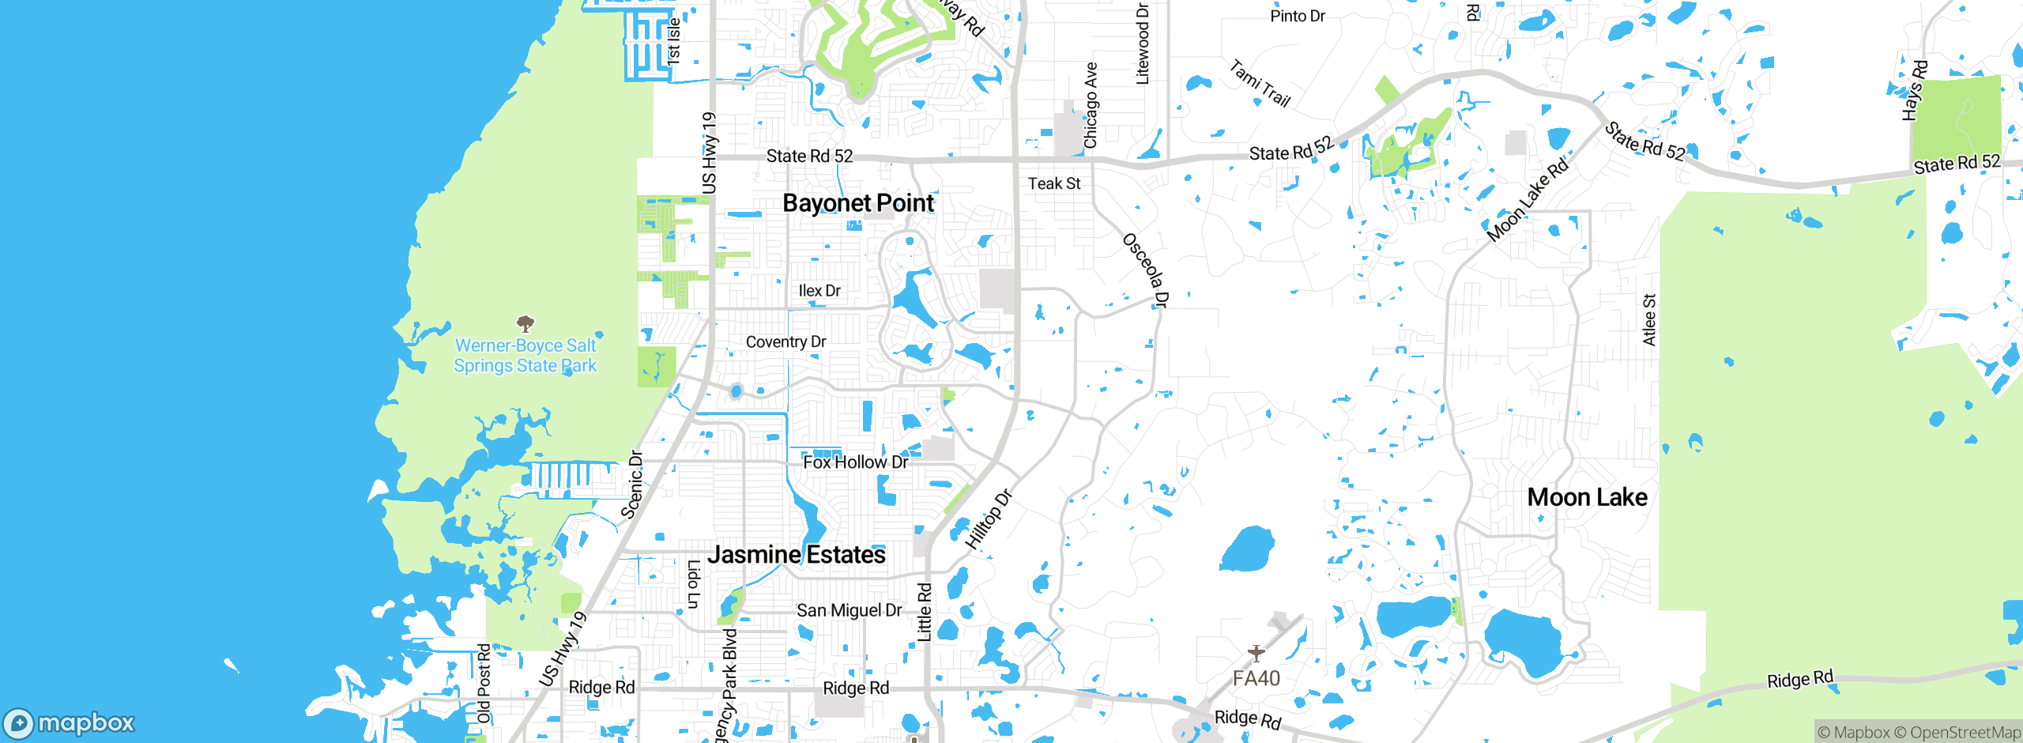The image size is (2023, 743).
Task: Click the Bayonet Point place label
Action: [x=858, y=203]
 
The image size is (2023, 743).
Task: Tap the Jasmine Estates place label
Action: [x=796, y=555]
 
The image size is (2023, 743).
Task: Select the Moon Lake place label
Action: [x=1587, y=497]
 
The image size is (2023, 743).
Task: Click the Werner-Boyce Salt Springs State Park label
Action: [x=526, y=356]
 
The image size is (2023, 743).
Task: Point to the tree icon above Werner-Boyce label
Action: [x=525, y=323]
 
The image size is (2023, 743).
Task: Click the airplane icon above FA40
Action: [x=1256, y=653]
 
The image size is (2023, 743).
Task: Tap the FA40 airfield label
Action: [x=1256, y=678]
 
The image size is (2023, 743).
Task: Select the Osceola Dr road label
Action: [x=1145, y=270]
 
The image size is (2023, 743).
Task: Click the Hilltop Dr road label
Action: [x=989, y=519]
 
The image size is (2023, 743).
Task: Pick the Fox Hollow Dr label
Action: [x=855, y=462]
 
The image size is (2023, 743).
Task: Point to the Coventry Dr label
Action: [x=785, y=342]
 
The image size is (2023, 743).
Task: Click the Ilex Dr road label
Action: [x=819, y=291]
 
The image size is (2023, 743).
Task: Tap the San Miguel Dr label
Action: [x=849, y=610]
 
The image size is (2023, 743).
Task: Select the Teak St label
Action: [x=1053, y=183]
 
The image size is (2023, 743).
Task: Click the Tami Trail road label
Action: [x=1260, y=84]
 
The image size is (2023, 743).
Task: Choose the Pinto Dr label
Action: [x=1297, y=16]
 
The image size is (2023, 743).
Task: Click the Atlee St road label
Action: [x=1649, y=319]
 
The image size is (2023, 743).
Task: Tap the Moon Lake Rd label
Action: [x=1527, y=201]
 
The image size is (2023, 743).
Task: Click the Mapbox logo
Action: [x=70, y=722]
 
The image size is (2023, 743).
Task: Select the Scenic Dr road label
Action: [x=632, y=485]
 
